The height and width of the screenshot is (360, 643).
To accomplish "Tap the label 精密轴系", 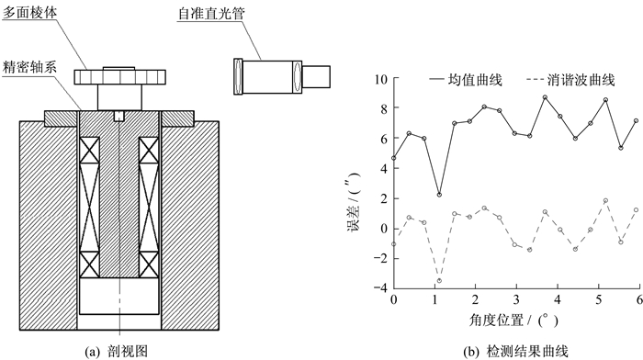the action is pyautogui.click(x=29, y=66).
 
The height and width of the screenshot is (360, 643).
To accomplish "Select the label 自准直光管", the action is pyautogui.click(x=211, y=14).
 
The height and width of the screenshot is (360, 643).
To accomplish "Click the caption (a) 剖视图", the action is pyautogui.click(x=116, y=352).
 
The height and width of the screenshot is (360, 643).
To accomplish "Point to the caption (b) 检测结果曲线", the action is pyautogui.click(x=515, y=352).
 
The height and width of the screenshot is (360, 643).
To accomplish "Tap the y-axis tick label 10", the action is pyautogui.click(x=381, y=79).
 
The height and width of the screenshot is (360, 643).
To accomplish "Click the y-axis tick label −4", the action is pyautogui.click(x=380, y=288).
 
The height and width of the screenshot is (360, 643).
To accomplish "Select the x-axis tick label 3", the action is pyautogui.click(x=516, y=299).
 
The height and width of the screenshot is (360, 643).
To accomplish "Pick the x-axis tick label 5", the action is pyautogui.click(x=598, y=299).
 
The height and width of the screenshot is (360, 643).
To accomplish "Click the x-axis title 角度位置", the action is pyautogui.click(x=496, y=320).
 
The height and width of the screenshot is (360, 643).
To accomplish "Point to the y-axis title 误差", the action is pyautogui.click(x=353, y=219).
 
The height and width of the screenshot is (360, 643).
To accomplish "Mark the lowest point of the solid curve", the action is pyautogui.click(x=439, y=195).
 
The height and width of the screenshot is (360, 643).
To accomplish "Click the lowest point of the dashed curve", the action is pyautogui.click(x=439, y=281).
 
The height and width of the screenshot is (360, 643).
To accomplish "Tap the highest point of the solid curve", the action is pyautogui.click(x=545, y=97).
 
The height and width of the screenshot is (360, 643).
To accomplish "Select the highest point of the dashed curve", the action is pyautogui.click(x=605, y=200).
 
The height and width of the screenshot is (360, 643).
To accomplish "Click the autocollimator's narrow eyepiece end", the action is pyautogui.click(x=316, y=76).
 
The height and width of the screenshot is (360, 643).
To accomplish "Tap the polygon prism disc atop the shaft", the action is pyautogui.click(x=119, y=76).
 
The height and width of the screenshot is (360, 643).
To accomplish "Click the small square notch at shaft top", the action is pyautogui.click(x=118, y=116).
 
